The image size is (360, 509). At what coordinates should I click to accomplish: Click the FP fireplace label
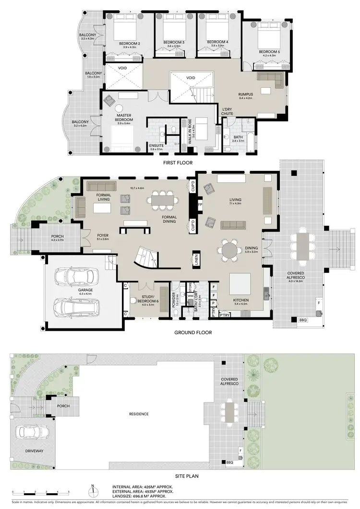(200, 204)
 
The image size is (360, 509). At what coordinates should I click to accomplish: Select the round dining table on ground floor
(229, 250)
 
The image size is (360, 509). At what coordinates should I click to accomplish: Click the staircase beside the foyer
(144, 259)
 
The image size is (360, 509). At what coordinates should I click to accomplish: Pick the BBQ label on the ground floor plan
(302, 319)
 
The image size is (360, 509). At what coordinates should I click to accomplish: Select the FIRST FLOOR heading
(177, 163)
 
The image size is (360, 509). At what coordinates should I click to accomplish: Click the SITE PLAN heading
(180, 476)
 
